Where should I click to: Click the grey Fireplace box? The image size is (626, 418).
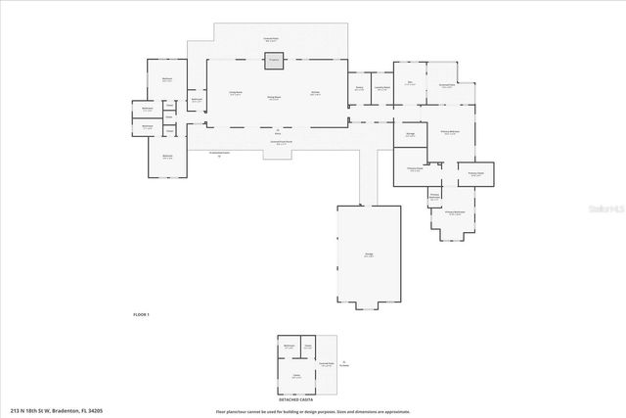click(275, 63)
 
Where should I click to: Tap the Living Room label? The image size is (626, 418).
click(235, 93)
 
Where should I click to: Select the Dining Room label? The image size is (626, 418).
click(275, 97)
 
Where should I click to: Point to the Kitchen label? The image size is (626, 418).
click(316, 93)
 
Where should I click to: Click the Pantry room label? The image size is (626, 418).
click(359, 87)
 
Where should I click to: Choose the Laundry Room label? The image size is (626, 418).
click(381, 87)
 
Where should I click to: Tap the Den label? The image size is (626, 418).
click(409, 83)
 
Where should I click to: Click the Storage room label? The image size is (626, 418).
click(411, 133)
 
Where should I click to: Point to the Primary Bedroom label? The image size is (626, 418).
click(451, 132)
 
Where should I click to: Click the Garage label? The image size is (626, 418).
click(369, 255)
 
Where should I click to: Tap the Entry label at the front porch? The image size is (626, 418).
click(277, 133)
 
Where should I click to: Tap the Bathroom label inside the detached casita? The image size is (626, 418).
click(290, 347)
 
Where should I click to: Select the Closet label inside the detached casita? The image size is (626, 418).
click(308, 347)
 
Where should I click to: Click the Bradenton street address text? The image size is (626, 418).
click(57, 411)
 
